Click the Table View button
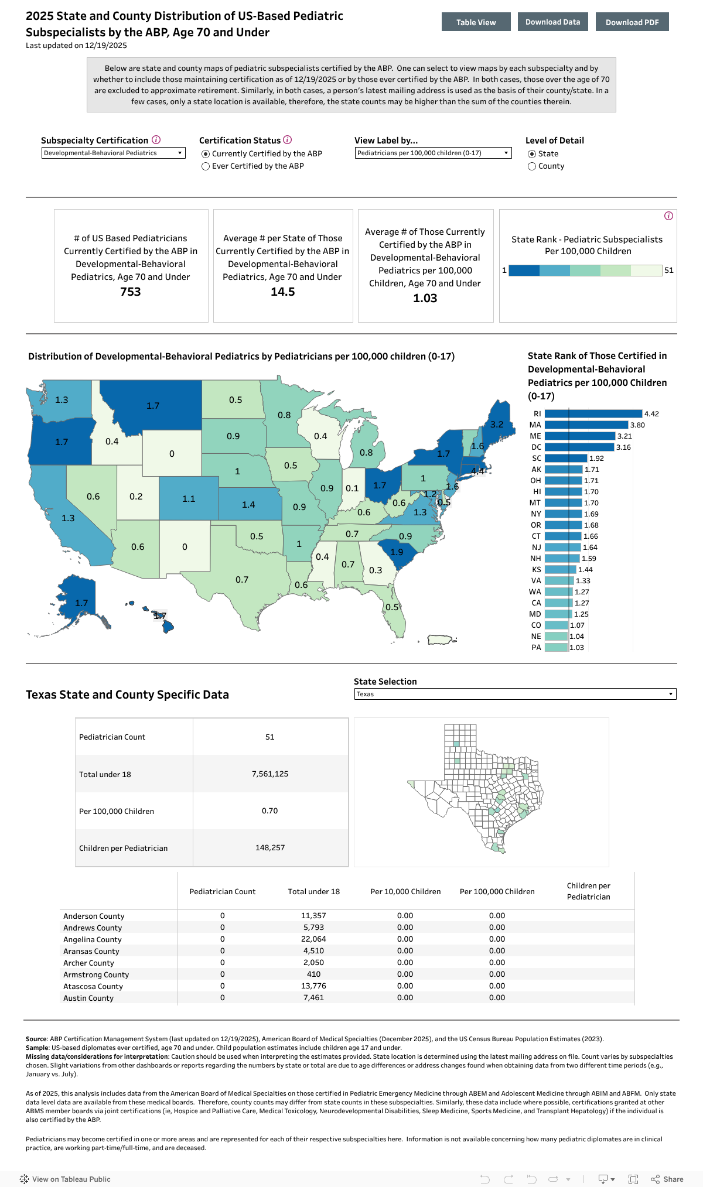coord(476,22)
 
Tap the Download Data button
coord(552,22)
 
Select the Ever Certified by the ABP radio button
coord(206,166)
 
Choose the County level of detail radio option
coord(532,166)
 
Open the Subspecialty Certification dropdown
coord(113,153)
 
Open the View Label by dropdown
coord(433,153)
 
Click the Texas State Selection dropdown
coord(515,694)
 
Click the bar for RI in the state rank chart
coord(593,413)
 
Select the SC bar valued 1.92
coord(565,458)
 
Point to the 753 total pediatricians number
coord(131,292)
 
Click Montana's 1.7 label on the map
coord(153,406)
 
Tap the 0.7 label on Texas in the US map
coord(242,580)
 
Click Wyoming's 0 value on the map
coord(172,454)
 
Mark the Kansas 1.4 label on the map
coord(248,505)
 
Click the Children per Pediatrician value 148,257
coord(270,847)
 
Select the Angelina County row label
coord(93,939)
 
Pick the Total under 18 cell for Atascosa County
coord(313,986)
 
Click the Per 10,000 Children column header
coord(405,891)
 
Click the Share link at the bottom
coord(667,1179)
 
